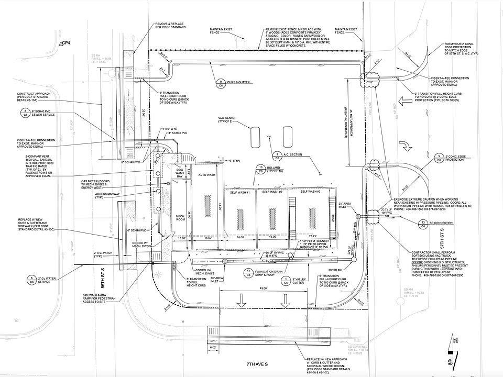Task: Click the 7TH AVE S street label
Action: click(x=253, y=362)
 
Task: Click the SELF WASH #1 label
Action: click(x=240, y=193)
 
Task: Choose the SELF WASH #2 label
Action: click(x=273, y=193)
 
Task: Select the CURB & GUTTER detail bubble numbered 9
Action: click(x=221, y=83)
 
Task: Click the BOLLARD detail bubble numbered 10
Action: click(x=260, y=169)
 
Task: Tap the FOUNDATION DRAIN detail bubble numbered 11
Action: click(x=249, y=272)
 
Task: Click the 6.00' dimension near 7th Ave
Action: click(x=213, y=347)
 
